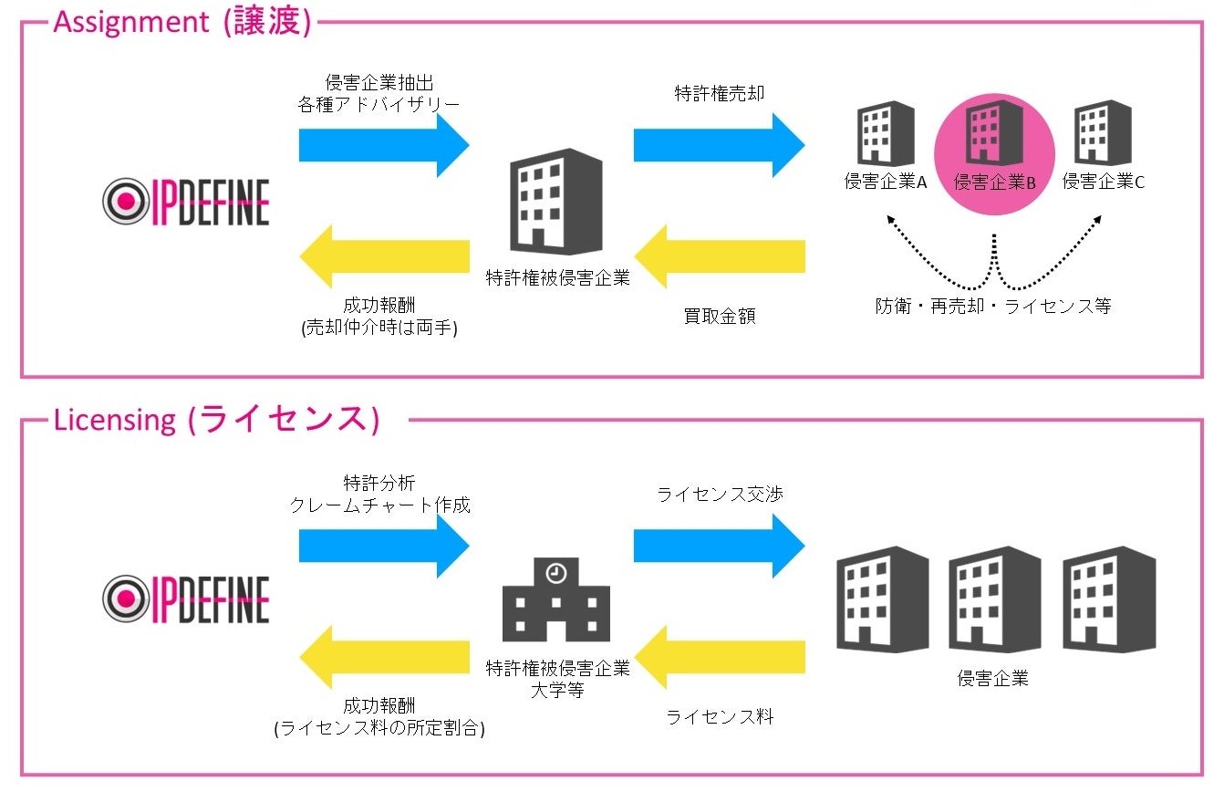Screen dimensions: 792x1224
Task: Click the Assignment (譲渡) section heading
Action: point(182,22)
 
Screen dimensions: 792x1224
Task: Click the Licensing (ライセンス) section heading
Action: point(215,420)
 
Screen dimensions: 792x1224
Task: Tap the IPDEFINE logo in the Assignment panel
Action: point(186,202)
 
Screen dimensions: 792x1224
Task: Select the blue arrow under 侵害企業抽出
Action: point(383,145)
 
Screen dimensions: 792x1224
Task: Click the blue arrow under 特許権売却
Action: point(719,145)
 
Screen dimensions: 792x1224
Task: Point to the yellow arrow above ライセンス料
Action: point(719,657)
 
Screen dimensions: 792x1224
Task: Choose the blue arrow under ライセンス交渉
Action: point(719,546)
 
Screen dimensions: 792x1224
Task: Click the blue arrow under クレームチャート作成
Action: point(383,546)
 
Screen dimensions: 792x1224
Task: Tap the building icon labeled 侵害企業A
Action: point(886,132)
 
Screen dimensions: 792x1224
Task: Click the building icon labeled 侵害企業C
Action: point(1103,132)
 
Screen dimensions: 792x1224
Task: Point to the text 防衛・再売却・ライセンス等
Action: point(993,307)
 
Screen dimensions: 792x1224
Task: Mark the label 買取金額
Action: point(720,317)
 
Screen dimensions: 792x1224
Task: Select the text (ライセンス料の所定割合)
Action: point(379,729)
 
